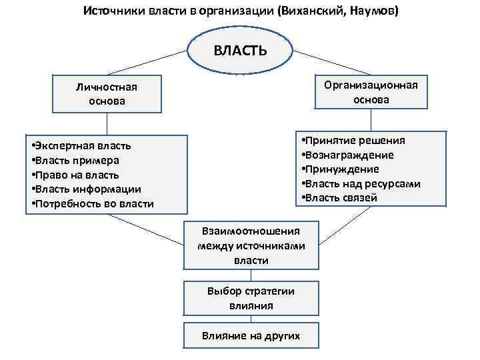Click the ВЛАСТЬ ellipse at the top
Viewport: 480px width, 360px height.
240,51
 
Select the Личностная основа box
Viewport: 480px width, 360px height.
107,94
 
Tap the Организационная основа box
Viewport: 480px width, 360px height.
371,93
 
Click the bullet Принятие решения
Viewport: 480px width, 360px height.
355,141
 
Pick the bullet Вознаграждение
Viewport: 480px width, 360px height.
349,155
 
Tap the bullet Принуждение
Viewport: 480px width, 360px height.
341,169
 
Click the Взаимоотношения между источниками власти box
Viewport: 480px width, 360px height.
251,245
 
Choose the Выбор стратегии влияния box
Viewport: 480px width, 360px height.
251,299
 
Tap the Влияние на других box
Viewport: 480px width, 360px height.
251,335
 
